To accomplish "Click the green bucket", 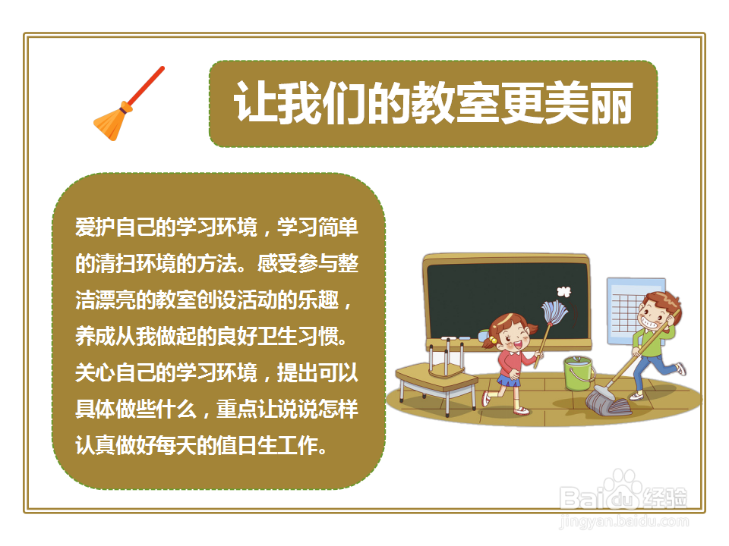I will tap(579, 373).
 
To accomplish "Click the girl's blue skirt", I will tap(509, 379).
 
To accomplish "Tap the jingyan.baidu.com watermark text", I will tap(623, 521).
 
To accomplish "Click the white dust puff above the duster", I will tap(563, 290).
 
